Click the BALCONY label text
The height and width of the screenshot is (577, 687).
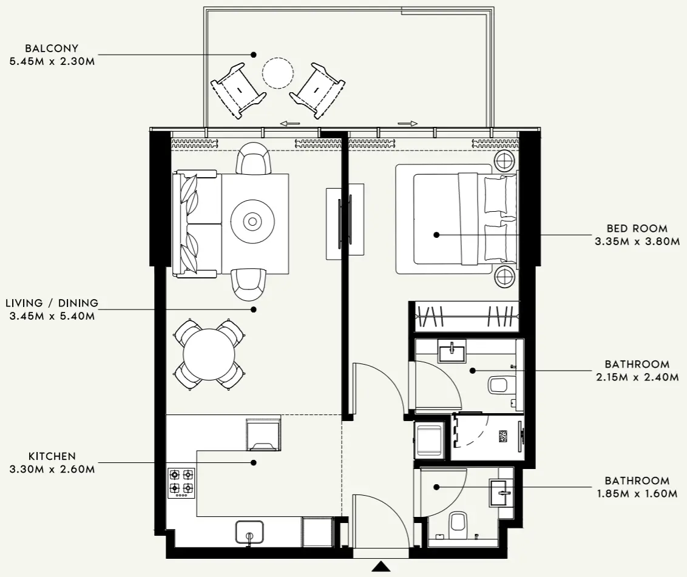52,49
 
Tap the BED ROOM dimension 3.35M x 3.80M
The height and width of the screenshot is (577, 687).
637,241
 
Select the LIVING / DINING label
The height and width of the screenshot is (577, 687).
52,303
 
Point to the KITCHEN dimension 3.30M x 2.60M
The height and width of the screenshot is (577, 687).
52,469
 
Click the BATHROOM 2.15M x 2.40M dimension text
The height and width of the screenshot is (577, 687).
637,377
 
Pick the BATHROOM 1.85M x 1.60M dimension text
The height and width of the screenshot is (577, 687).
637,494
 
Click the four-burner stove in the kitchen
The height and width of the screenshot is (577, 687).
181,483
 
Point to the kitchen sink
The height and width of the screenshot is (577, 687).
249,531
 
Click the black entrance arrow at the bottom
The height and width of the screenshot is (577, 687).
381,567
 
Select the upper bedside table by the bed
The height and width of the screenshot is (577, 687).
504,161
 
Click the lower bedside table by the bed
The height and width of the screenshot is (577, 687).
504,277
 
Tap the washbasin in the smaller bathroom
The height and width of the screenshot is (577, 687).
501,493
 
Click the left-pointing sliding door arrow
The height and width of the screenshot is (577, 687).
290,124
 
